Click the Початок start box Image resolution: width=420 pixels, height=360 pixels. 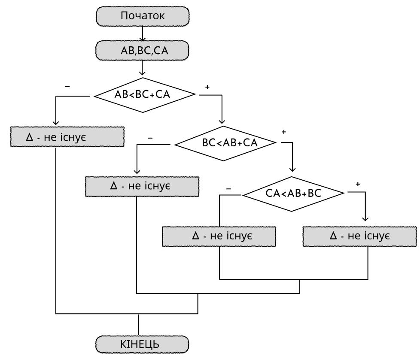(x=143, y=16)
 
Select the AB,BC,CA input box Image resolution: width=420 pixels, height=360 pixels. (x=142, y=50)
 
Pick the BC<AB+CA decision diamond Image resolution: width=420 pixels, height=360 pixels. (x=225, y=143)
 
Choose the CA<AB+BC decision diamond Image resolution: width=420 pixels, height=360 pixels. (x=293, y=194)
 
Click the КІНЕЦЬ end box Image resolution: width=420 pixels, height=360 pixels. (x=142, y=345)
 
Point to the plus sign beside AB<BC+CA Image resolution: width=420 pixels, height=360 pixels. (x=207, y=87)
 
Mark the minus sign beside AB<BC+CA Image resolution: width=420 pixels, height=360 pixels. (x=67, y=86)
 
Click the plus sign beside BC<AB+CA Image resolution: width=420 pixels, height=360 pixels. (x=284, y=132)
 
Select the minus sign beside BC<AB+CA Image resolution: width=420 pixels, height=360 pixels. (x=150, y=138)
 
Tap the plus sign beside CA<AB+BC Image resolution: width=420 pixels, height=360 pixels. (x=358, y=184)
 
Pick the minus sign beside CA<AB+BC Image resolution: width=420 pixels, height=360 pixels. (x=228, y=189)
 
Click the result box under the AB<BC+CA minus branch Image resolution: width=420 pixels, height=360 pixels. (x=67, y=137)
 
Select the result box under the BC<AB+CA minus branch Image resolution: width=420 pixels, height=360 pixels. (x=142, y=187)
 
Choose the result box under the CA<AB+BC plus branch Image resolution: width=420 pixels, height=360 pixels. (x=360, y=236)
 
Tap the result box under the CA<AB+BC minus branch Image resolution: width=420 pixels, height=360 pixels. (x=219, y=236)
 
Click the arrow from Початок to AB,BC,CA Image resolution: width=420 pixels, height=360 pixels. (x=143, y=34)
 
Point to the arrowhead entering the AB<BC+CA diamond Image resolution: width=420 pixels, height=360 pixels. (x=142, y=73)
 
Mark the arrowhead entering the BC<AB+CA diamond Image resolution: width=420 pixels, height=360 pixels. (x=222, y=121)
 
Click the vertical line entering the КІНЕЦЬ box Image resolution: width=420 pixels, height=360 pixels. (x=138, y=325)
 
